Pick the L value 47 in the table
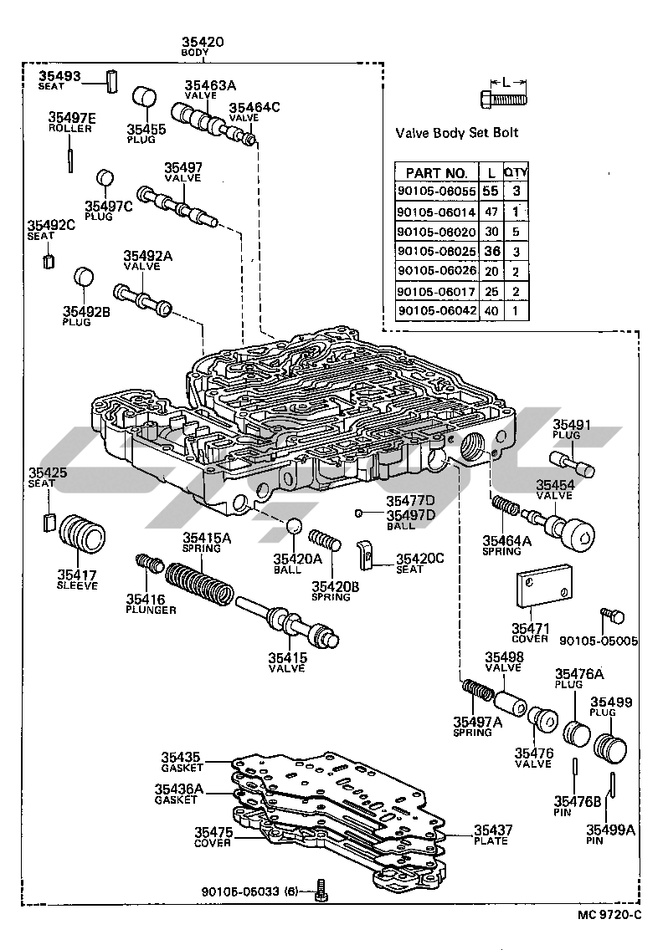coord(491,212)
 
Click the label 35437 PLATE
coord(491,834)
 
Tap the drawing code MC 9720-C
coord(609,913)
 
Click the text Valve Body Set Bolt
coord(456,132)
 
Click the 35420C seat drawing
coord(366,553)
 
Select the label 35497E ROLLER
coord(71,123)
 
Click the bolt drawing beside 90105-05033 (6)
coord(321,892)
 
